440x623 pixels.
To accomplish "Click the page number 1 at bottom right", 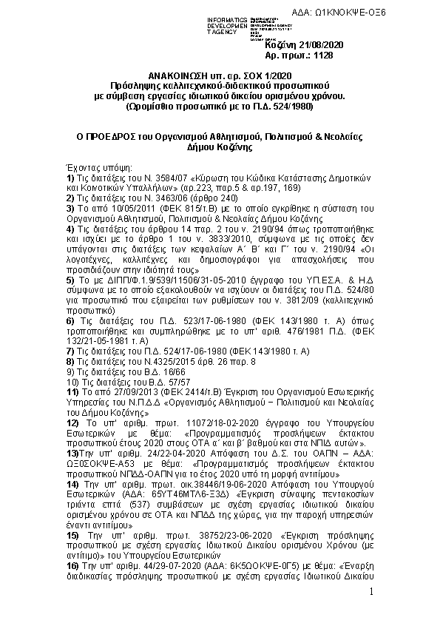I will click(x=372, y=592).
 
